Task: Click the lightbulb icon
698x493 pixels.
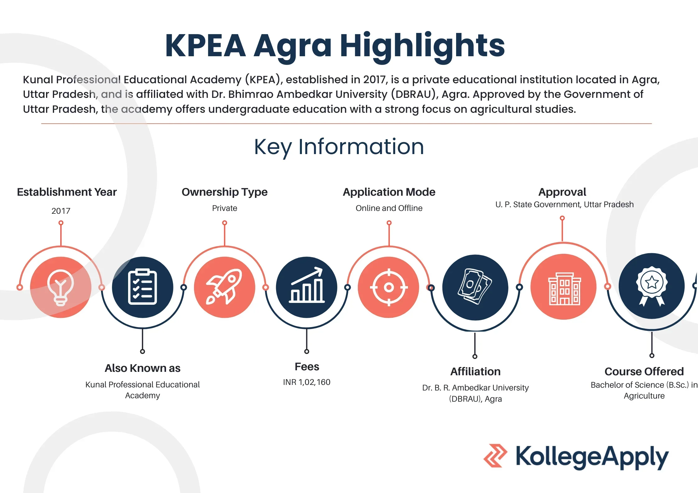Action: pos(61,288)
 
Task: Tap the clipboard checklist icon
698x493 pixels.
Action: pos(142,286)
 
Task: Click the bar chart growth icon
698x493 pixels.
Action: pos(307,285)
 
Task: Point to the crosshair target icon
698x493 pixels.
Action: pos(389,287)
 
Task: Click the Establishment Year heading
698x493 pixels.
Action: pos(67,192)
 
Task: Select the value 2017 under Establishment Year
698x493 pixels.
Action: pos(61,211)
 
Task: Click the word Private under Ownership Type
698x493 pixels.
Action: pos(224,208)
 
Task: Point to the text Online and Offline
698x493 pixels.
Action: pos(389,208)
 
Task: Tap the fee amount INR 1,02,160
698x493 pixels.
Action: pos(307,382)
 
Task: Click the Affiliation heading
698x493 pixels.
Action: pos(475,372)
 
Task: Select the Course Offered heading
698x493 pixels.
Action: pos(644,371)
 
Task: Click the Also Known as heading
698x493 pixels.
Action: pos(142,368)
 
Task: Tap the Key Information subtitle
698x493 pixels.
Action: pos(339,147)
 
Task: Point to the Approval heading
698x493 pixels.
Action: pos(562,192)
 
